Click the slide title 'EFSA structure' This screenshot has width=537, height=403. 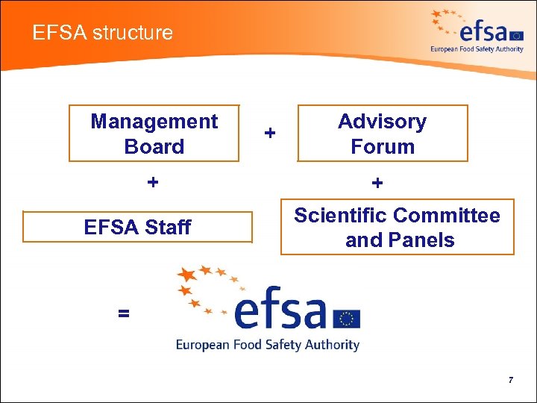click(x=103, y=33)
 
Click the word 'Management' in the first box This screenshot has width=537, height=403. click(x=154, y=122)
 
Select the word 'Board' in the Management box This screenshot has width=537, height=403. click(x=154, y=146)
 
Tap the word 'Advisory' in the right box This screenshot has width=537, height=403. click(x=382, y=122)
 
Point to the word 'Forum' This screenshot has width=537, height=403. click(x=383, y=146)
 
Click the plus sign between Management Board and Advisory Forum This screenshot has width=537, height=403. click(x=270, y=133)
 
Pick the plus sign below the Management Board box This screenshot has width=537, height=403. click(x=153, y=182)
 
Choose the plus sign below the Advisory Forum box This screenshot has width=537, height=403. click(x=377, y=182)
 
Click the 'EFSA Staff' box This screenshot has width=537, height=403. click(x=138, y=227)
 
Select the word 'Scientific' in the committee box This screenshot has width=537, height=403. click(x=341, y=216)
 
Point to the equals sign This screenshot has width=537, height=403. click(x=123, y=314)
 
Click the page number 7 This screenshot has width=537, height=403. click(x=511, y=381)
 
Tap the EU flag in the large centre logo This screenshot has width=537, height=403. click(x=346, y=319)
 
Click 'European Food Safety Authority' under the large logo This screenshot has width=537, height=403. click(x=268, y=345)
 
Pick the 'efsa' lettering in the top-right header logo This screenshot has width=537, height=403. click(x=485, y=33)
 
